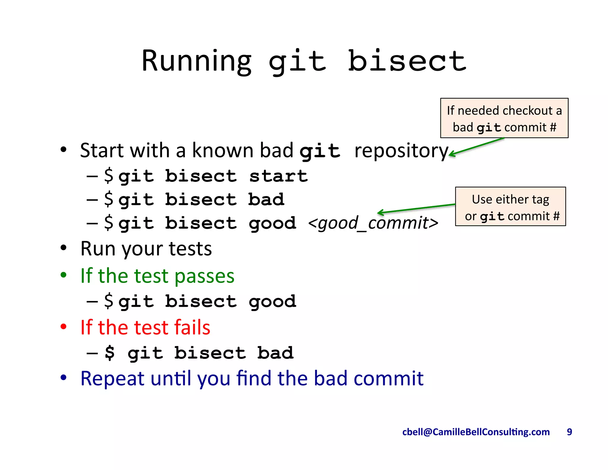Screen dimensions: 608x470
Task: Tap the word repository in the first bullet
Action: [401, 151]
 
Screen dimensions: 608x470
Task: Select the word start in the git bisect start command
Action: [278, 176]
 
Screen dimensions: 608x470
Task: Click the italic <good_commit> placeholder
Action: [373, 223]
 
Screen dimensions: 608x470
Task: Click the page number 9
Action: [569, 432]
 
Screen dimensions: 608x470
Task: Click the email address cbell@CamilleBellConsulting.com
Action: [476, 432]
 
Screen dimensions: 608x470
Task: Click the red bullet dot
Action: [63, 327]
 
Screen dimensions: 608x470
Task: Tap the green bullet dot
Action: [63, 275]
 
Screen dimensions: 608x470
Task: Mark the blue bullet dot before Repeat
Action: [63, 378]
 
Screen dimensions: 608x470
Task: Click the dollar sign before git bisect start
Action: [109, 175]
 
